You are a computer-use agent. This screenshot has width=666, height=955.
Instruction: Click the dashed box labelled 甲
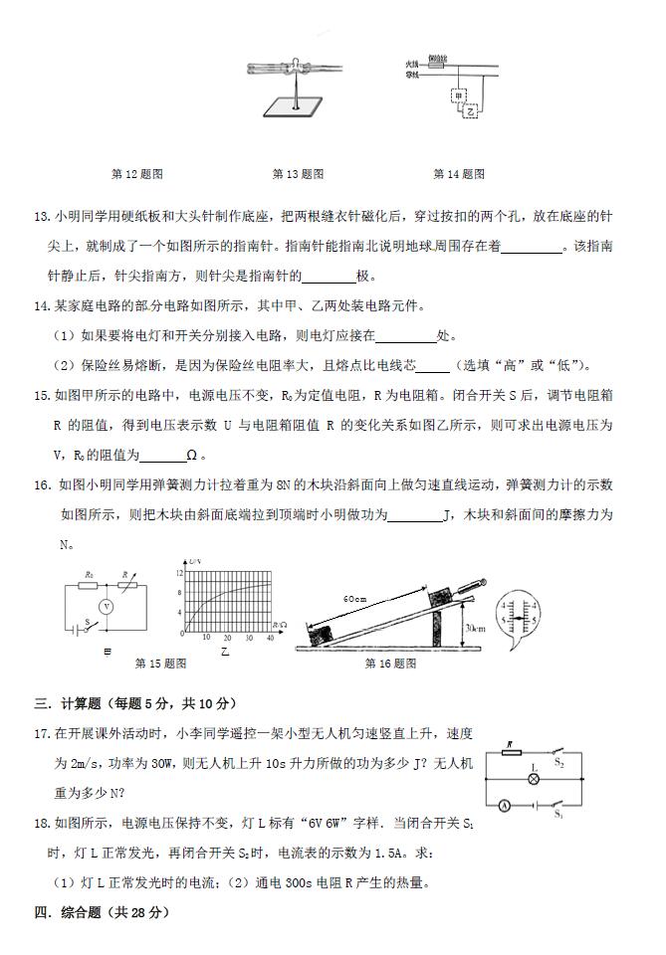pyautogui.click(x=458, y=96)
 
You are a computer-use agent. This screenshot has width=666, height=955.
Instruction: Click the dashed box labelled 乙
pyautogui.click(x=470, y=111)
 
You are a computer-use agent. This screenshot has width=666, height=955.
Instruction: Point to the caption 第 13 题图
pyautogui.click(x=298, y=174)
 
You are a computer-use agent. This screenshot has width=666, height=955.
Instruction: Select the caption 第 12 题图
pyautogui.click(x=137, y=174)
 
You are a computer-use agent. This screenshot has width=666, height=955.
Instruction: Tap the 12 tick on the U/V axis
pyautogui.click(x=180, y=574)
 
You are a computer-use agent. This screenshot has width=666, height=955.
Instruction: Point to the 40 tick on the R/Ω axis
pyautogui.click(x=269, y=639)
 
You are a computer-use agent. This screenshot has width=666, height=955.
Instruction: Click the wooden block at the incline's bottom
pyautogui.click(x=328, y=631)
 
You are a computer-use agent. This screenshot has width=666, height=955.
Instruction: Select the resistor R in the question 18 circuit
pyautogui.click(x=511, y=754)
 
